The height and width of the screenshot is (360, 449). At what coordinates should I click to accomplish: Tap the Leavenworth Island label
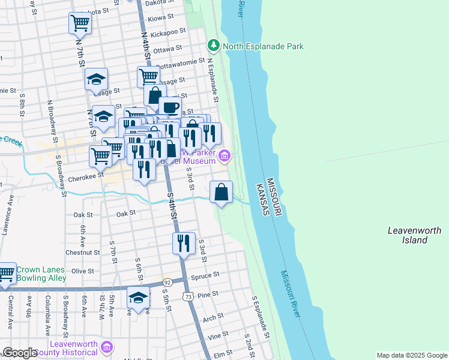point(414,235)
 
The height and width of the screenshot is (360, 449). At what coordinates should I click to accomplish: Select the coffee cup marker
point(169,107)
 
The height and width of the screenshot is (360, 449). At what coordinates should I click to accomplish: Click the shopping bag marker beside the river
point(221,193)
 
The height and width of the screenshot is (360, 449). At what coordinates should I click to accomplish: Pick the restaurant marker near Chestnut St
point(184,243)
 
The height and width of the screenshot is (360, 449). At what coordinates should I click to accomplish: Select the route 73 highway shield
point(188,296)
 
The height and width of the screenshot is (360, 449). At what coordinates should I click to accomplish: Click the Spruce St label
point(205,275)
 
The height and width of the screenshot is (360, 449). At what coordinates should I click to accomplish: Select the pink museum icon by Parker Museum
point(224,157)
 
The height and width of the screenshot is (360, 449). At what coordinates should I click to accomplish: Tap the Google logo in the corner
point(20,353)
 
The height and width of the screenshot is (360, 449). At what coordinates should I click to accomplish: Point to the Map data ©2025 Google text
point(411,355)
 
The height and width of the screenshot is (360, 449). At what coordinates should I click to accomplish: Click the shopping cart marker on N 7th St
point(80,23)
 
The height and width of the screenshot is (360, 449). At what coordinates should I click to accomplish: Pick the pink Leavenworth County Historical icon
point(107,347)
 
